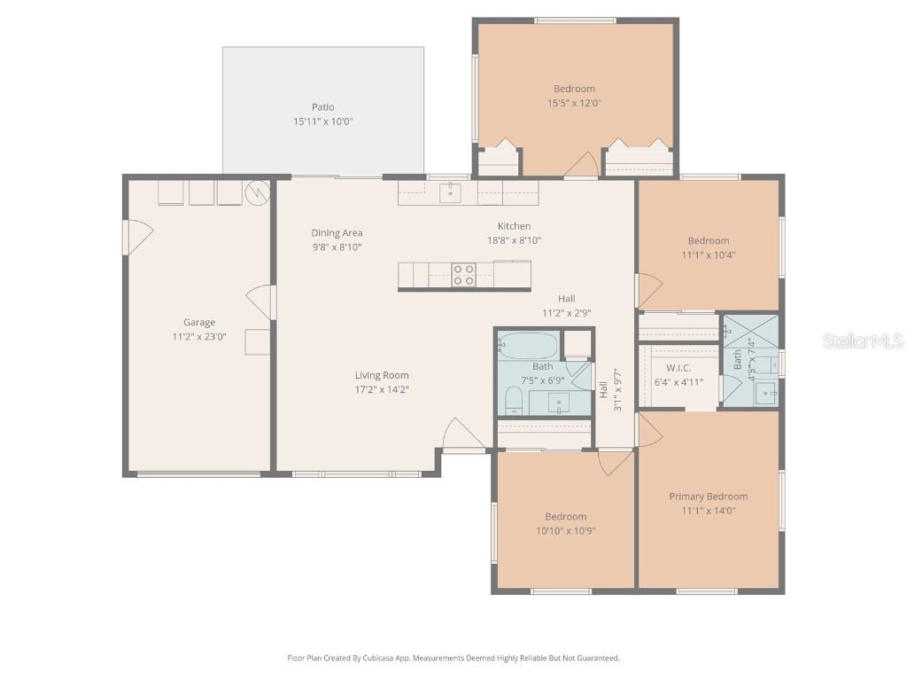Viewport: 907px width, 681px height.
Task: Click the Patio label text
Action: pos(322,107)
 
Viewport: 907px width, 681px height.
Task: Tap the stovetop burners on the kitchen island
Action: pos(462,275)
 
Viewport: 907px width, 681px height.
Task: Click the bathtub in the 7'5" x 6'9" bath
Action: pos(528,344)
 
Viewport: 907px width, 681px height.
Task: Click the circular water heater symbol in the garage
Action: pos(256,192)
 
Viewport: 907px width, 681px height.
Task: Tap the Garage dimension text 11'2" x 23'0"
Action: pos(198,337)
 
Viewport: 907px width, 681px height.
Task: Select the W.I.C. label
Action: pos(678,368)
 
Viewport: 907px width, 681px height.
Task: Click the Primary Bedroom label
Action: pos(708,497)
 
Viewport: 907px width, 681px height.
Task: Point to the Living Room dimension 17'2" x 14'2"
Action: pos(382,389)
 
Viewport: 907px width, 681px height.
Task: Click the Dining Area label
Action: pos(337,233)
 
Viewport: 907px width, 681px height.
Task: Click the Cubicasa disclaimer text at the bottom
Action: pos(453,658)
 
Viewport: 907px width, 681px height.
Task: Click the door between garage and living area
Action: pos(262,302)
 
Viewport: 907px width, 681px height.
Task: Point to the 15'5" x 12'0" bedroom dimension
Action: pos(574,103)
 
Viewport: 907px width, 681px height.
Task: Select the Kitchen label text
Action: pos(514,226)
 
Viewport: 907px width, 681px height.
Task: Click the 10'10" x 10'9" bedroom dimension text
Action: pos(565,531)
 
